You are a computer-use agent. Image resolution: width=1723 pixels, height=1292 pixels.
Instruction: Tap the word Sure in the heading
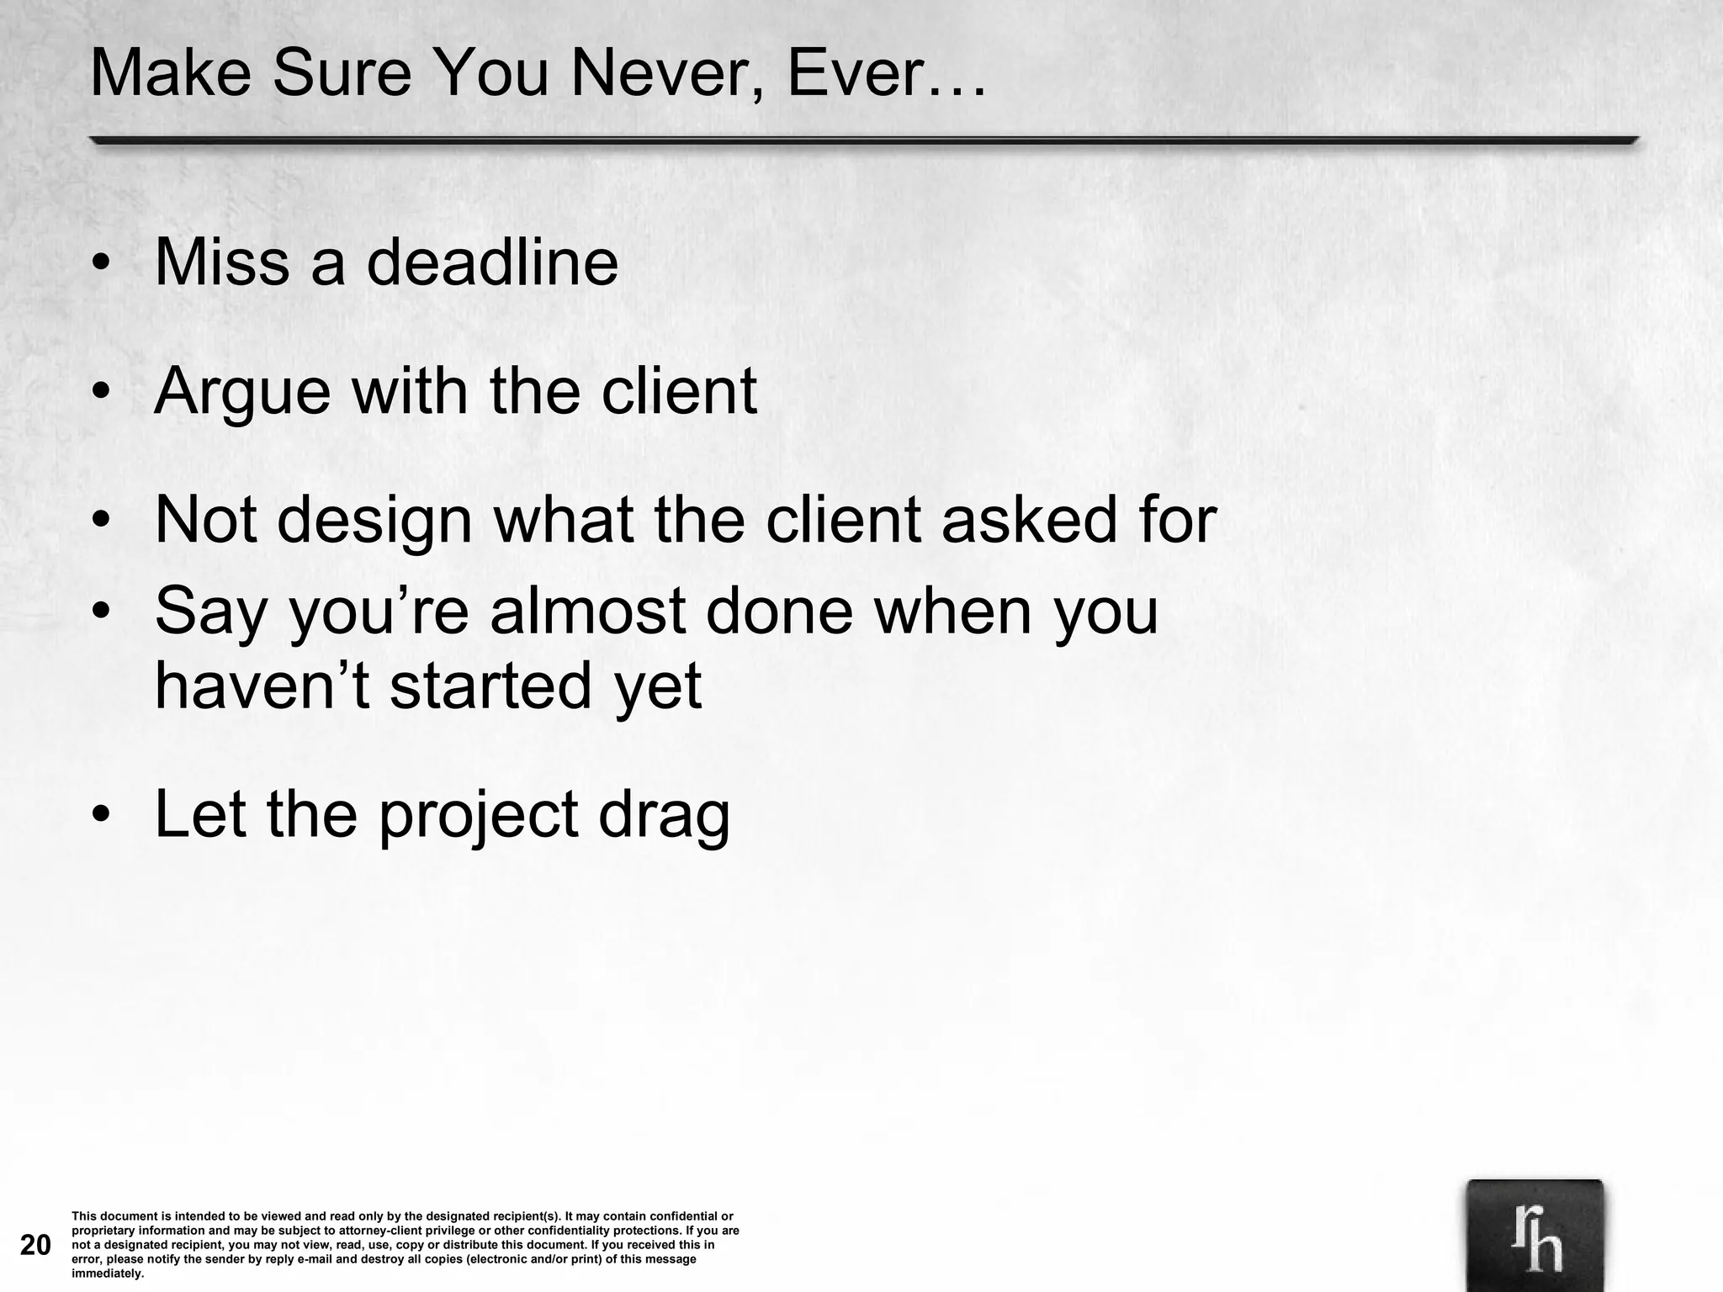(341, 74)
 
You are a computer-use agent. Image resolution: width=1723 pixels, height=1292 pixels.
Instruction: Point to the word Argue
(242, 392)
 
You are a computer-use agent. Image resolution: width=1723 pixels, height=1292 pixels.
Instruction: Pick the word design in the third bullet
(374, 522)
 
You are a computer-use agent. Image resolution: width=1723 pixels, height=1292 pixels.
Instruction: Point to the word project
(479, 816)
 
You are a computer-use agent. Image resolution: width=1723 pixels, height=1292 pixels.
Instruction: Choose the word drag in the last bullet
(664, 816)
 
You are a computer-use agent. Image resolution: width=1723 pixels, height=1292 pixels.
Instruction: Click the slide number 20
(35, 1245)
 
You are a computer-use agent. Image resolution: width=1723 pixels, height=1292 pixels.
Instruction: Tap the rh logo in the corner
(1535, 1236)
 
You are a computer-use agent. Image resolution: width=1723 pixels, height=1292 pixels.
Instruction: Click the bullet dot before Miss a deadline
(102, 265)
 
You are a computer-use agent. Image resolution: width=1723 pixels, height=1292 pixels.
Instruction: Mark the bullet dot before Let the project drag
(102, 815)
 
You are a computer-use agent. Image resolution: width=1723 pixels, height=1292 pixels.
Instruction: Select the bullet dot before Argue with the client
(102, 392)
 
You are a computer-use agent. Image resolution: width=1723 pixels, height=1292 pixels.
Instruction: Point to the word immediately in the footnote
(107, 1273)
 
